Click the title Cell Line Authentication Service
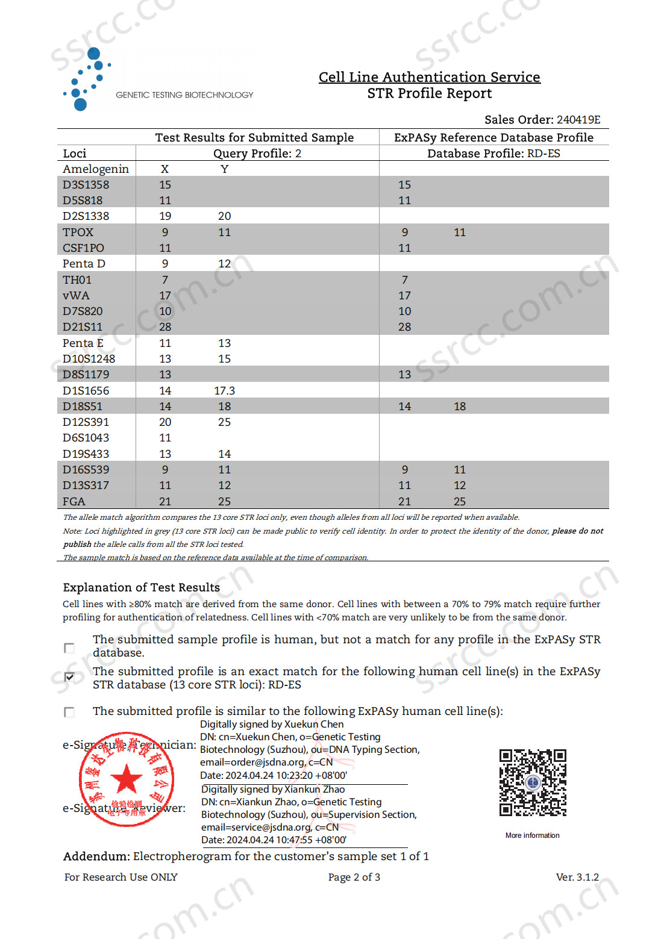point(429,77)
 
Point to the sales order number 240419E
point(578,119)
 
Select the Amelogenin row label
point(96,169)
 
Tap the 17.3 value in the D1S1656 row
point(224,391)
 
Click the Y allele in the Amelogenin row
point(224,169)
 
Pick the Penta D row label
point(84,264)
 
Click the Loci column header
point(75,154)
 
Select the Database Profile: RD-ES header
point(493,154)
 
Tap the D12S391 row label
point(86,422)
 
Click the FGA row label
point(74,502)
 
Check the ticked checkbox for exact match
point(69,677)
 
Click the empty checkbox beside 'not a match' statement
point(69,648)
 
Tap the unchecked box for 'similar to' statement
point(69,712)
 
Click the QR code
point(533,782)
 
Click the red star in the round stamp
point(127,779)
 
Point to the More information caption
point(532,835)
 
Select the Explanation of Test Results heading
point(141,587)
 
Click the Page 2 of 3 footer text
point(354,877)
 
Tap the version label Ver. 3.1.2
point(577,877)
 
